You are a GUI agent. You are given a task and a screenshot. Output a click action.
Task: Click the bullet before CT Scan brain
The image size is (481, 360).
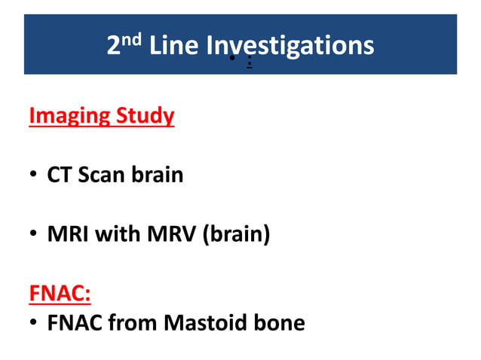[34, 175]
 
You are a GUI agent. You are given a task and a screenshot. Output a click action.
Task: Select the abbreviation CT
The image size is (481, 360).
[60, 175]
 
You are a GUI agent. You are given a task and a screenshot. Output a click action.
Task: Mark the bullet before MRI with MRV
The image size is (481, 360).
[34, 235]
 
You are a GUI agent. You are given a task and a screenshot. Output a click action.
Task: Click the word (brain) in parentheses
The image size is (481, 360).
[233, 235]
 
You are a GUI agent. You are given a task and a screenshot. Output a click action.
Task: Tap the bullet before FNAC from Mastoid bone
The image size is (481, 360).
[34, 324]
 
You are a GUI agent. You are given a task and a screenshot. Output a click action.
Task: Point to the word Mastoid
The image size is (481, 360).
[204, 323]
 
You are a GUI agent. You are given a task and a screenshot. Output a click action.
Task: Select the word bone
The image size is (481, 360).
[280, 323]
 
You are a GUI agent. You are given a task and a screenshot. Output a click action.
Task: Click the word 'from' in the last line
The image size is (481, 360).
[132, 323]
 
